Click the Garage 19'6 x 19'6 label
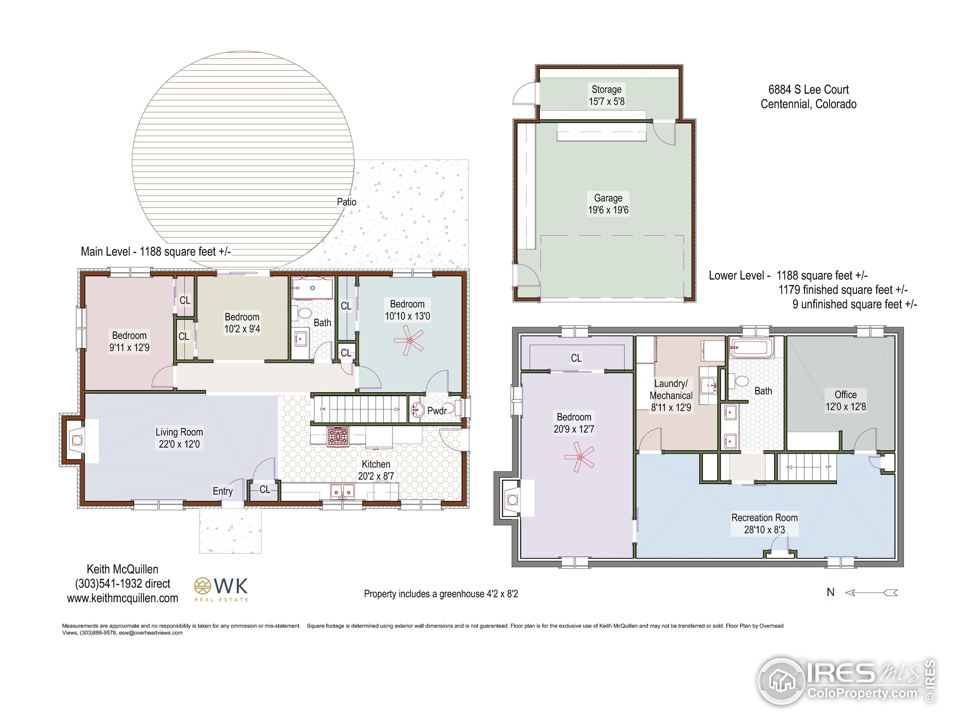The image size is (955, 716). [x=608, y=204]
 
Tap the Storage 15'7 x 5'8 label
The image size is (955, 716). [x=607, y=95]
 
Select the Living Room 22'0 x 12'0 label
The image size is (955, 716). [x=179, y=438]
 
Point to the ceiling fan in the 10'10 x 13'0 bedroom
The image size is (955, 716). [x=409, y=340]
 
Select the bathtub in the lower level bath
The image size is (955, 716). [x=751, y=348]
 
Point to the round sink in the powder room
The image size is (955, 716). [x=417, y=409]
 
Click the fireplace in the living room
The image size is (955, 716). [x=77, y=440]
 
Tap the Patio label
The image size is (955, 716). [x=347, y=202]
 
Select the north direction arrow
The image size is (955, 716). [x=871, y=593]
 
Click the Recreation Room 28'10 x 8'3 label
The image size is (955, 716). [x=764, y=524]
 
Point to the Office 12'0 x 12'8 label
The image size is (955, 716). [x=845, y=401]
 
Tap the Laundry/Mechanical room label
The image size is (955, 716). [x=671, y=395]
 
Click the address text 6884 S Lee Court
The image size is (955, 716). [x=808, y=89]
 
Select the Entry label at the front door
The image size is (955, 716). [x=223, y=491]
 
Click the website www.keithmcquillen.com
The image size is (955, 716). [x=123, y=598]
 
